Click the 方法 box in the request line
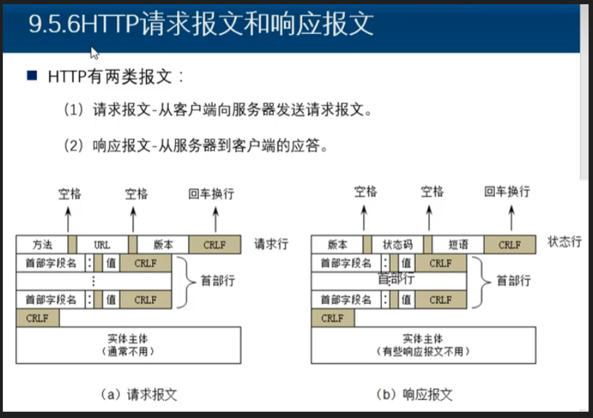[42, 244]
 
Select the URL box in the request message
[103, 244]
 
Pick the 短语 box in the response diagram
[458, 244]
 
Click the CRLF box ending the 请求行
[215, 244]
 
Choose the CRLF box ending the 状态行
[510, 244]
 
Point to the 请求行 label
[272, 244]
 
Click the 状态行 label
[565, 242]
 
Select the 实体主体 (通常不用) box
[128, 345]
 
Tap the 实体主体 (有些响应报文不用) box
[424, 345]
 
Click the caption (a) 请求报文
[139, 394]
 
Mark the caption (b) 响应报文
[414, 394]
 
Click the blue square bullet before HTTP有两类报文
[31, 75]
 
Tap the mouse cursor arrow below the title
[94, 52]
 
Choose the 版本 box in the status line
[337, 244]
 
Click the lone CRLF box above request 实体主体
[37, 318]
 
